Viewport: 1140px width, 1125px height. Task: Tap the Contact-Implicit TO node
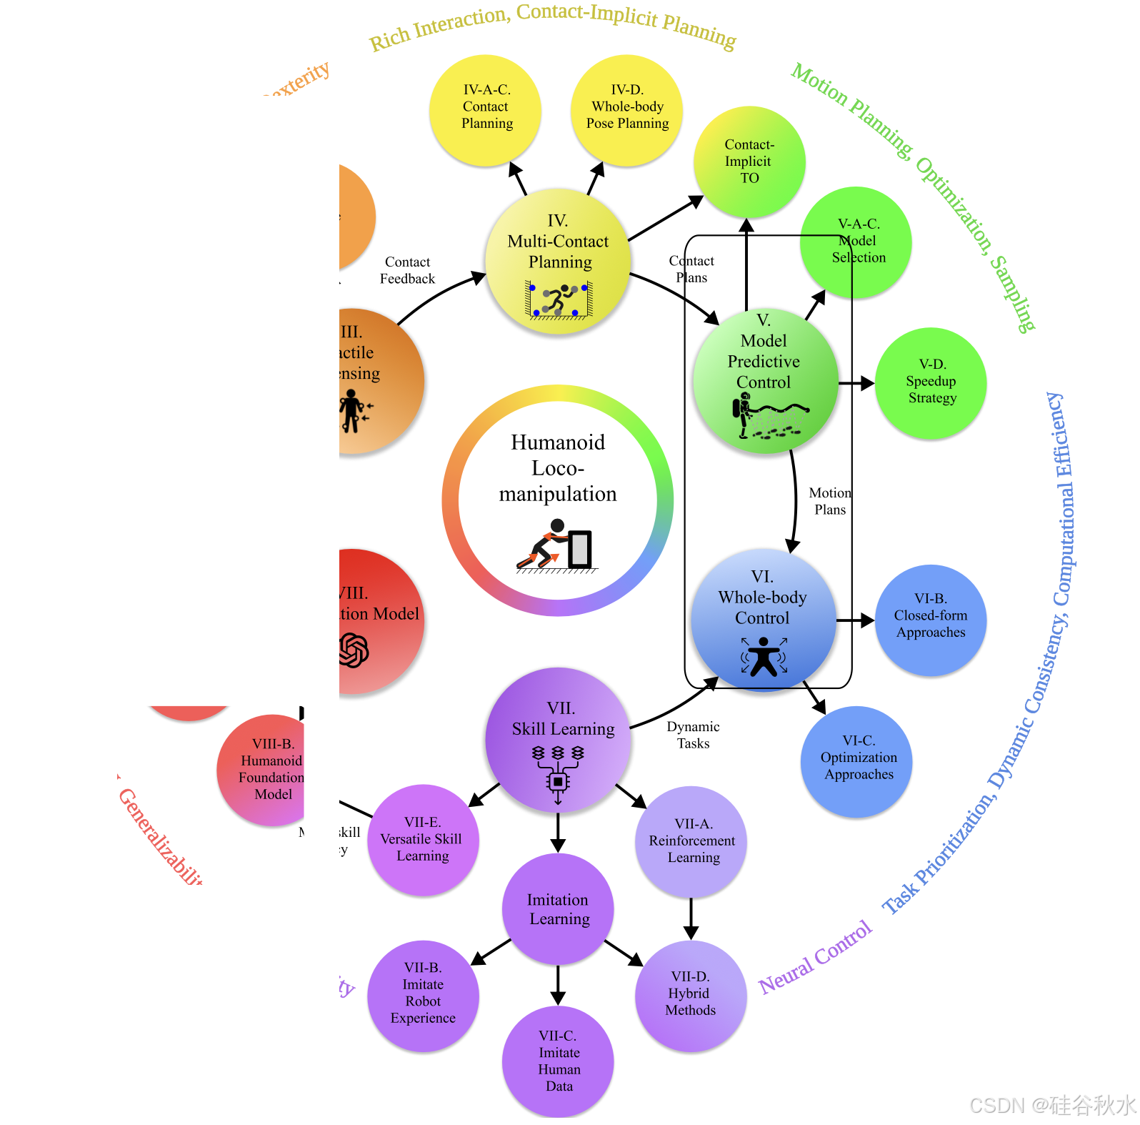pyautogui.click(x=749, y=162)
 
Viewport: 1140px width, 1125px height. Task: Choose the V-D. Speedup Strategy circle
pyautogui.click(x=931, y=383)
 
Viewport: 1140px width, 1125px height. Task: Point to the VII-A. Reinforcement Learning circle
pyautogui.click(x=691, y=841)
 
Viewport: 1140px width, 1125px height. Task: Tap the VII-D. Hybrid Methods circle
pyautogui.click(x=691, y=995)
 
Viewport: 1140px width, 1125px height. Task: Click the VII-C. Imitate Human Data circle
pyautogui.click(x=559, y=1061)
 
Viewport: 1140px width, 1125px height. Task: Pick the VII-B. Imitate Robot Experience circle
pyautogui.click(x=423, y=995)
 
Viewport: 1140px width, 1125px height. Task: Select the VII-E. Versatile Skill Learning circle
pyautogui.click(x=423, y=840)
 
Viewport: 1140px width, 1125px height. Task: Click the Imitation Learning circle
pyautogui.click(x=559, y=909)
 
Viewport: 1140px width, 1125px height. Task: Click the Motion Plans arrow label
pyautogui.click(x=829, y=501)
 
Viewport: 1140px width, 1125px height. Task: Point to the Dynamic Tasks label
pyautogui.click(x=693, y=735)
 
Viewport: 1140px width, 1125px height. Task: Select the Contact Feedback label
pyautogui.click(x=407, y=270)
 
